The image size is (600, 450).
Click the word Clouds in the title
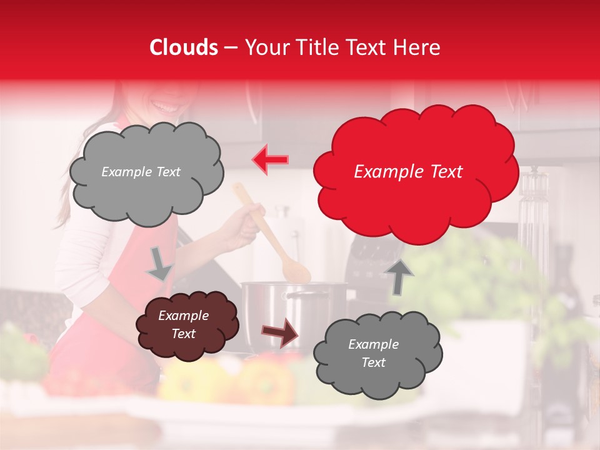(184, 47)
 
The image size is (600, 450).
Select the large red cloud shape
(415, 172)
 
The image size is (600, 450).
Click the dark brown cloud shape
(187, 324)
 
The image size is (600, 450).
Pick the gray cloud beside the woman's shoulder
(146, 172)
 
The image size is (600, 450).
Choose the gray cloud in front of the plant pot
(377, 354)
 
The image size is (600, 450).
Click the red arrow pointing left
(270, 160)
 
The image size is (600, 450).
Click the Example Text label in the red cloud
(408, 172)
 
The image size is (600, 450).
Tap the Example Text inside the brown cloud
(183, 324)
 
